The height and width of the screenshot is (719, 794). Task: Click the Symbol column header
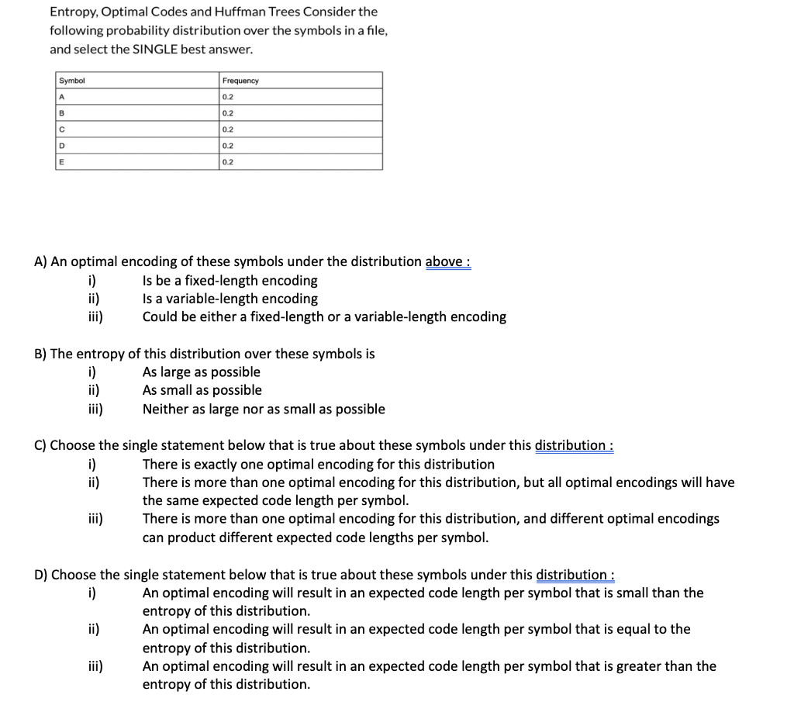pos(72,81)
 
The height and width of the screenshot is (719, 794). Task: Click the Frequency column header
pos(240,81)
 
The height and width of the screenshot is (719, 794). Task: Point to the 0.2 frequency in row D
pos(228,145)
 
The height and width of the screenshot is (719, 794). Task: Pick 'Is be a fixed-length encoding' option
pos(230,280)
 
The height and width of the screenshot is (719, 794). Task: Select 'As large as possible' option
pos(202,372)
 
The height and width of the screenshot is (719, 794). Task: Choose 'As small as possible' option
pos(202,390)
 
